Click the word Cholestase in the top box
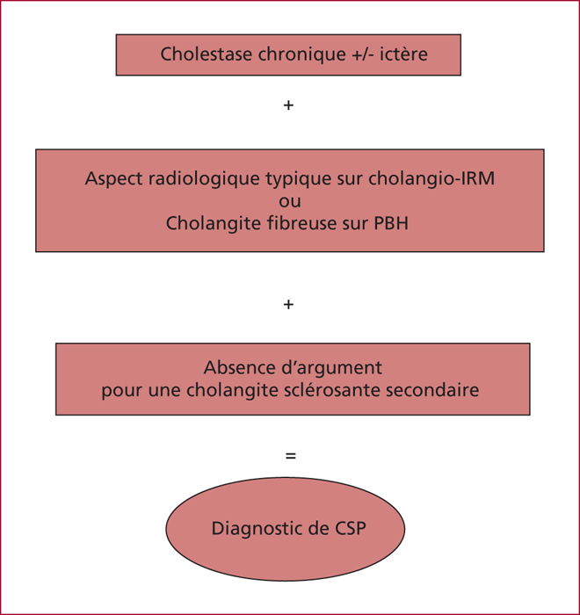[x=207, y=54]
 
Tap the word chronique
[x=301, y=54]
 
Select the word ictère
[x=403, y=54]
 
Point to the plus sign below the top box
[x=288, y=105]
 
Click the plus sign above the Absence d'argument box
[x=288, y=304]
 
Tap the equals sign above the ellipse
[x=291, y=456]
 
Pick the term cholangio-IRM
[x=431, y=179]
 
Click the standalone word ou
[x=290, y=201]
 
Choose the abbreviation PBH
[x=391, y=223]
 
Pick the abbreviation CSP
[x=351, y=529]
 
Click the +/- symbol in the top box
[x=363, y=54]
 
